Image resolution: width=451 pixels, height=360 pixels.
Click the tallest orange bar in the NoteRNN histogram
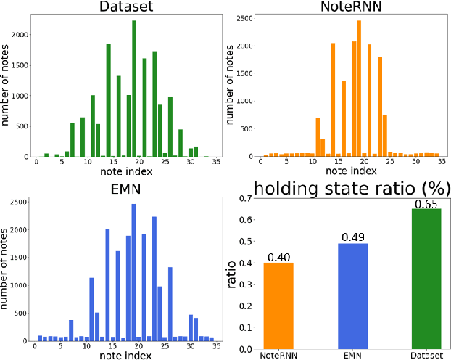pos(358,88)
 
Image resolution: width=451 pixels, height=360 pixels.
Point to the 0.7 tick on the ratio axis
pos(247,198)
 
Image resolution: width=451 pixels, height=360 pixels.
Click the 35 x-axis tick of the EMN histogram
pos(216,347)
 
